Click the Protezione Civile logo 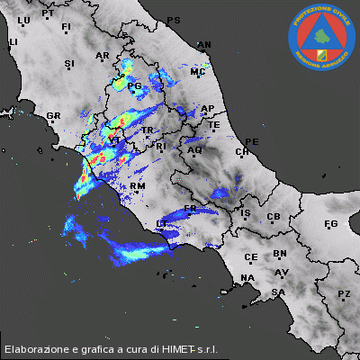[x=321, y=38]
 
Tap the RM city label [x=138, y=185]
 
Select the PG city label [x=136, y=86]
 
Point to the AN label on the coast [x=204, y=44]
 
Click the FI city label [x=66, y=27]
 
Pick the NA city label [x=248, y=277]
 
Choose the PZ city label [x=344, y=293]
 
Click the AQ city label [x=194, y=150]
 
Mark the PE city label [x=252, y=141]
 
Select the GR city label [x=53, y=115]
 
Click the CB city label [x=274, y=217]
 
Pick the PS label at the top [x=174, y=20]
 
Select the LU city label [x=23, y=20]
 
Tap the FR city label [x=190, y=209]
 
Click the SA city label [x=279, y=292]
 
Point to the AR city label [x=102, y=56]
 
